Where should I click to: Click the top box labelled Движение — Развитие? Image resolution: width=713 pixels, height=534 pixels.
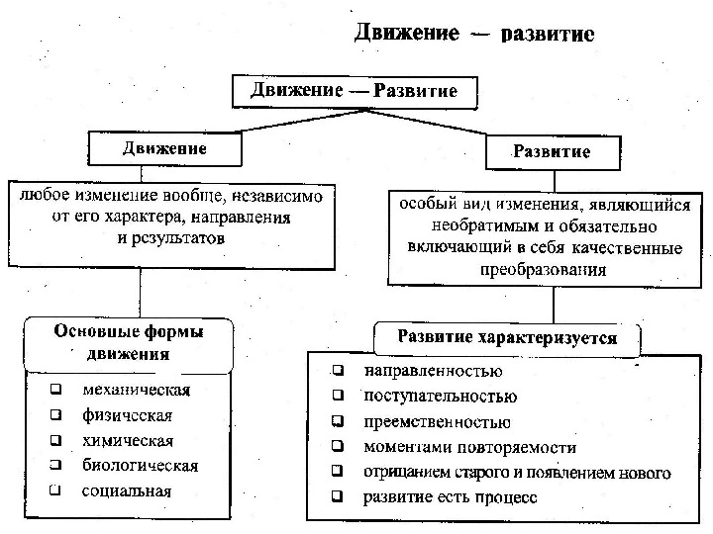(354, 91)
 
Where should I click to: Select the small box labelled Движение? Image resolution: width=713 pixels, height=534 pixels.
(164, 149)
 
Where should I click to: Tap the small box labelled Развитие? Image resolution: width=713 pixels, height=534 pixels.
(551, 152)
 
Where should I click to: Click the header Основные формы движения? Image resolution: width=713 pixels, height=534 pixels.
(129, 342)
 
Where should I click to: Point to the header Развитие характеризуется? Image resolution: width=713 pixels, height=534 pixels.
(506, 338)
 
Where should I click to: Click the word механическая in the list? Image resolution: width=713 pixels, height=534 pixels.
(137, 389)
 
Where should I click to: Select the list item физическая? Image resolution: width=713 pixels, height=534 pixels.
(127, 414)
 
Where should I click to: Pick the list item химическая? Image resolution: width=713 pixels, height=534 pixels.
(128, 440)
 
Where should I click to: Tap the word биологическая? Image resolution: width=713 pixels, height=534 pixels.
(140, 465)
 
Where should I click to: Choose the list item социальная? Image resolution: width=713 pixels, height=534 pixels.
(127, 490)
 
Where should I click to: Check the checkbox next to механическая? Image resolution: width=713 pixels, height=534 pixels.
(56, 390)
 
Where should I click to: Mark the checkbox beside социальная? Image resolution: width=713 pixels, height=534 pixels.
(56, 490)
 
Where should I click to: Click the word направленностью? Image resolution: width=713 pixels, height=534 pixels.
(433, 372)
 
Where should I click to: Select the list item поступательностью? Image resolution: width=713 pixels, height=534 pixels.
(440, 397)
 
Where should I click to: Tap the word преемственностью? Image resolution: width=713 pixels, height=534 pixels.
(430, 422)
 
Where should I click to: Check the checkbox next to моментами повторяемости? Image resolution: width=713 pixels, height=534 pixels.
(339, 448)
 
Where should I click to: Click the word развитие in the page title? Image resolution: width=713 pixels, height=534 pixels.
(548, 35)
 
